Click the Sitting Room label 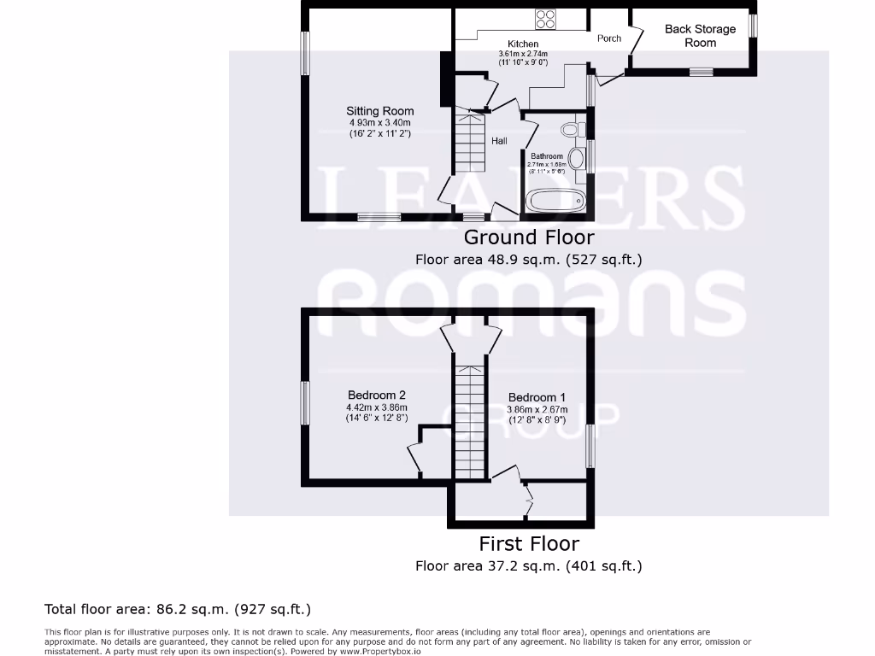(x=379, y=111)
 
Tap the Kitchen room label (x=523, y=44)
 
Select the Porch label (x=609, y=38)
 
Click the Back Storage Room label (x=700, y=35)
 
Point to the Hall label (x=499, y=141)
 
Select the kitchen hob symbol (x=546, y=18)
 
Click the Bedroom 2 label (x=376, y=395)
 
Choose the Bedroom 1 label (x=537, y=397)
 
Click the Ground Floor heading (x=528, y=237)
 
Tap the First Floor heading (x=528, y=543)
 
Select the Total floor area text (x=178, y=609)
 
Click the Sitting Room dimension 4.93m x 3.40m (x=379, y=122)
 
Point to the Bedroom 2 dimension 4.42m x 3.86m (x=376, y=407)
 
